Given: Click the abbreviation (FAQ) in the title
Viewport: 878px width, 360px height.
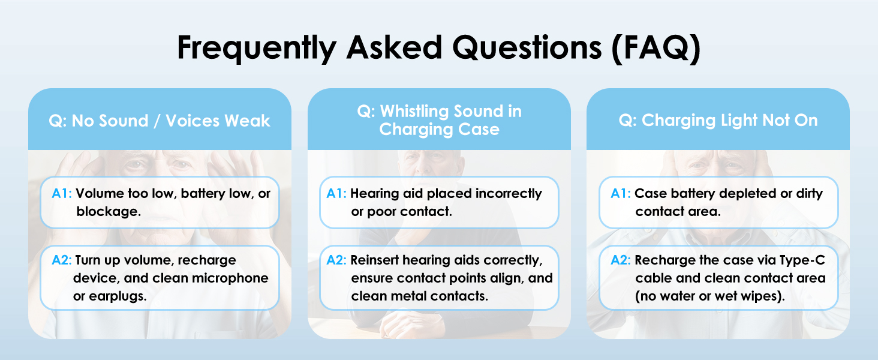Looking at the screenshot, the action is [x=656, y=49].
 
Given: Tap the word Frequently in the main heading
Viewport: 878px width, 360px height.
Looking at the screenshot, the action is [x=257, y=49].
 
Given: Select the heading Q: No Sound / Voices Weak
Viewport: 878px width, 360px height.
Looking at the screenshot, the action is [x=160, y=121].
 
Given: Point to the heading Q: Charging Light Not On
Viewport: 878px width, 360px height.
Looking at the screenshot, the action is [x=718, y=121].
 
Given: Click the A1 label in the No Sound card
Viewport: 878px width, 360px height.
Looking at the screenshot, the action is [x=62, y=193].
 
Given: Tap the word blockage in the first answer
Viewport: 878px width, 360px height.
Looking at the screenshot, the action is [x=108, y=212].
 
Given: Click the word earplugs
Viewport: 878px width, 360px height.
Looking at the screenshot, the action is [x=118, y=296].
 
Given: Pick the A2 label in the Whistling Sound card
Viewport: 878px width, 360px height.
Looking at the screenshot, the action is [x=336, y=260].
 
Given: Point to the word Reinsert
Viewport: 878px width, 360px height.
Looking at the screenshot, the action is [x=374, y=260].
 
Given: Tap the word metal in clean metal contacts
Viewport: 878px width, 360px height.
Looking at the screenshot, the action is [x=401, y=296].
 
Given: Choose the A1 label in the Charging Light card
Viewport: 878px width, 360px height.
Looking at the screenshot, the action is [x=621, y=193].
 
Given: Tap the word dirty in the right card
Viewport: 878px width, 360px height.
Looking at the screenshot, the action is [x=810, y=194].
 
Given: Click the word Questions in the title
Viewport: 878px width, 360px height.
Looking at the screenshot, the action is [x=527, y=48].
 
